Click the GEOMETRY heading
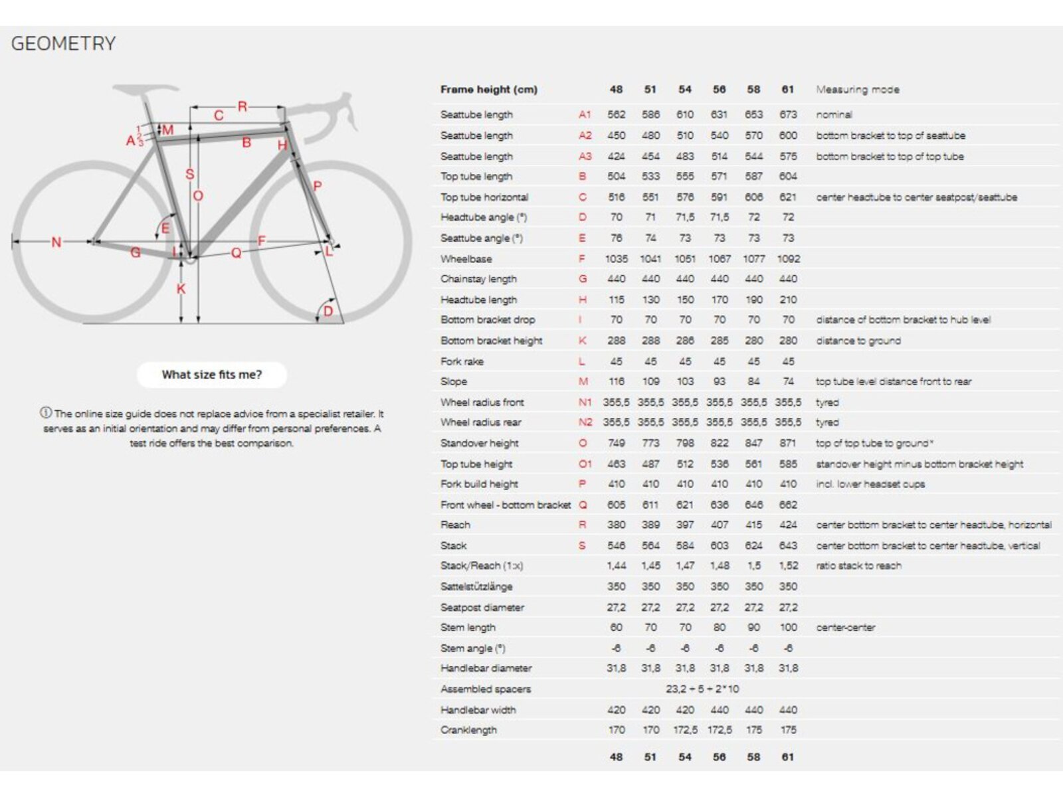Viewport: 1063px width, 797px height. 63,44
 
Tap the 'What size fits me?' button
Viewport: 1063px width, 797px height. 212,375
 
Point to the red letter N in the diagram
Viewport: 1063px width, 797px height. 56,242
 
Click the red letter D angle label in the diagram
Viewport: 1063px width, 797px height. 328,311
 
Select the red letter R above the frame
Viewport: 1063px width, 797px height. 242,106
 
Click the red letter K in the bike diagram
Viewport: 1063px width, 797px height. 181,289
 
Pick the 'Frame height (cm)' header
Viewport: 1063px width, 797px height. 488,90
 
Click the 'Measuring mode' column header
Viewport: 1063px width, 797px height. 857,90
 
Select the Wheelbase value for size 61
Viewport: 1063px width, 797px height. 788,258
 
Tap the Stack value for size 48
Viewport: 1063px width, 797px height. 616,545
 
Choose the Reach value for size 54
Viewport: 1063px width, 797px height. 684,525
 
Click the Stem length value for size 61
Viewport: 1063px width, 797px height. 788,627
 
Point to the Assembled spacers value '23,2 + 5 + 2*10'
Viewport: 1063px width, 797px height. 702,689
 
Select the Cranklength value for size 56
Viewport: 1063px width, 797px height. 719,730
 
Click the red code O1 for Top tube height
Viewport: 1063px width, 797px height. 585,464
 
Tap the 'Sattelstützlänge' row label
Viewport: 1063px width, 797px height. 476,586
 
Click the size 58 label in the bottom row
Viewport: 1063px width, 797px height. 753,756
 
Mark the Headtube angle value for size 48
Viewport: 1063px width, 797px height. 616,217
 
